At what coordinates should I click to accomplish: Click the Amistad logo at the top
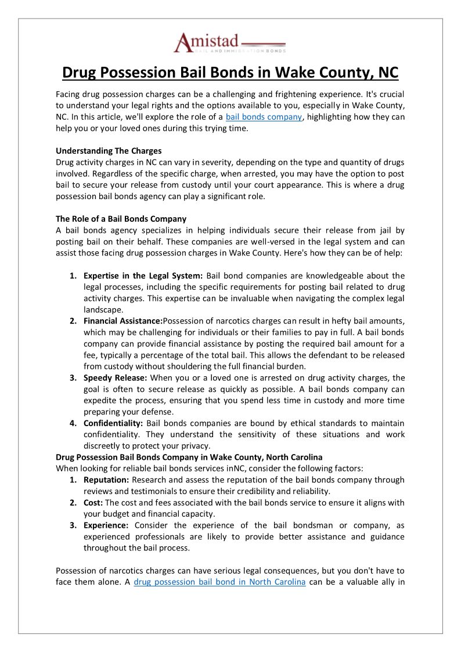click(x=230, y=44)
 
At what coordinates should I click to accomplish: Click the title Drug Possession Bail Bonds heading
click(x=230, y=73)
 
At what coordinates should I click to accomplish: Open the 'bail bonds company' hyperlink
click(x=264, y=117)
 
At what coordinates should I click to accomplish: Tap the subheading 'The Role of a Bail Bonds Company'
click(x=121, y=219)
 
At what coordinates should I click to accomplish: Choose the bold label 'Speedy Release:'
click(x=114, y=377)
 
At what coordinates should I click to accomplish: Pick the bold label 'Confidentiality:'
click(x=113, y=423)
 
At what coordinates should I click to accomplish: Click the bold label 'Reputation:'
click(x=106, y=480)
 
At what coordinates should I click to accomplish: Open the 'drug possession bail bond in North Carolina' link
click(x=219, y=582)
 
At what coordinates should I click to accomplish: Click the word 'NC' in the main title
click(x=385, y=73)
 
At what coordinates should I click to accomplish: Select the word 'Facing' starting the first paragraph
click(x=69, y=94)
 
